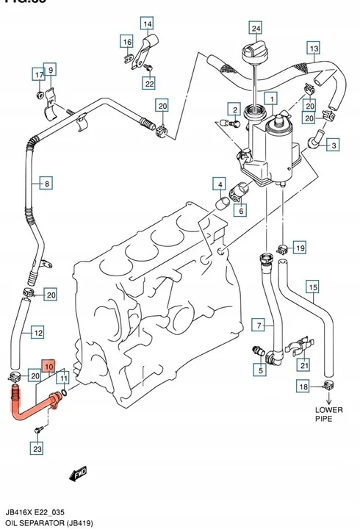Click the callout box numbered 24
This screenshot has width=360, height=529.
point(256,29)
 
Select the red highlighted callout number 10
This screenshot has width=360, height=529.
point(48,365)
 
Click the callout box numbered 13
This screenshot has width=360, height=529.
point(313,49)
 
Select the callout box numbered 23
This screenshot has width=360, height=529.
point(37,447)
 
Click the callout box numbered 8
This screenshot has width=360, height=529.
point(46,184)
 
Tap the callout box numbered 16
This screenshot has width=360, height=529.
point(126,41)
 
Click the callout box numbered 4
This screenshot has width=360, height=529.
point(219,183)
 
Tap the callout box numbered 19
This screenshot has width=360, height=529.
point(299,248)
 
